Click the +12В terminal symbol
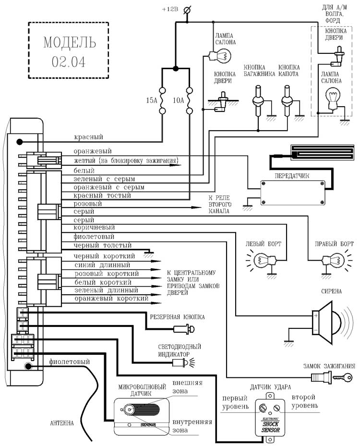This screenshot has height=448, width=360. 188,9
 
